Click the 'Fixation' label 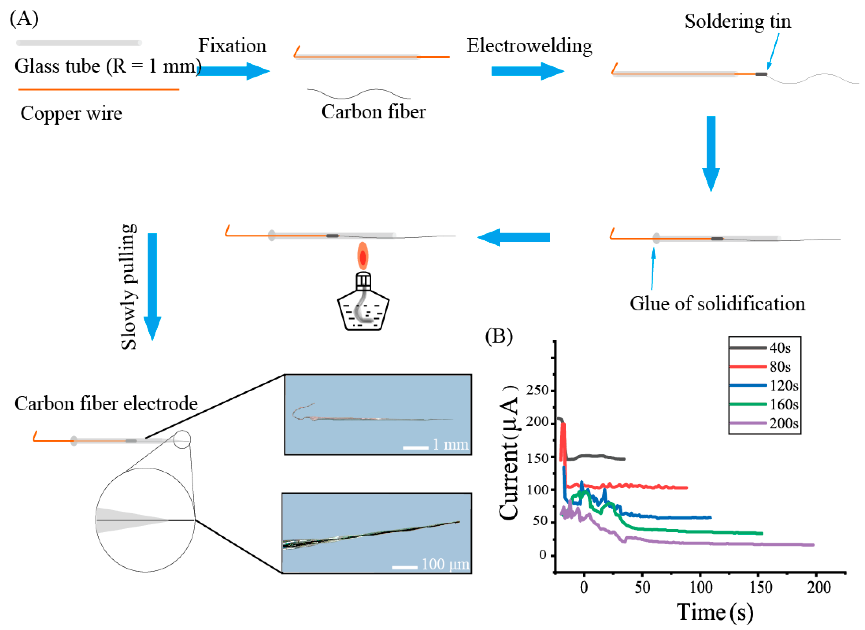[x=232, y=46]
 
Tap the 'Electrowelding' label [x=529, y=46]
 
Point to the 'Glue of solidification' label [x=717, y=304]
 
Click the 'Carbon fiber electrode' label [x=106, y=404]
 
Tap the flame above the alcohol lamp [x=363, y=256]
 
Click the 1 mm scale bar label [x=450, y=444]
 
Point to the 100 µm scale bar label [x=445, y=564]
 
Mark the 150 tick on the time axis [x=761, y=587]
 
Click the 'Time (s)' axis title [x=715, y=612]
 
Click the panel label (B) [x=499, y=336]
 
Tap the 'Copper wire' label [x=71, y=113]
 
